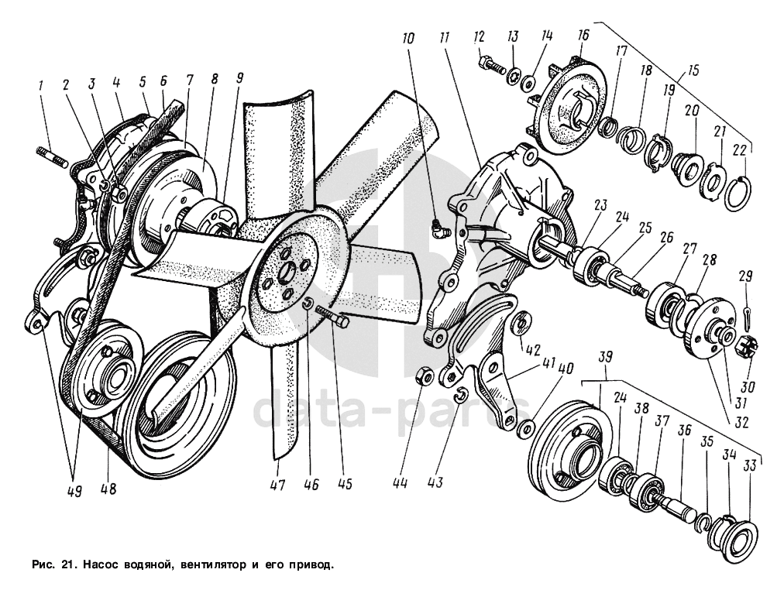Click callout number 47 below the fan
pyautogui.click(x=277, y=485)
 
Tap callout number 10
pyautogui.click(x=409, y=38)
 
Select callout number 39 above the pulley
pyautogui.click(x=605, y=355)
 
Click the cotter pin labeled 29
pyautogui.click(x=746, y=314)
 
